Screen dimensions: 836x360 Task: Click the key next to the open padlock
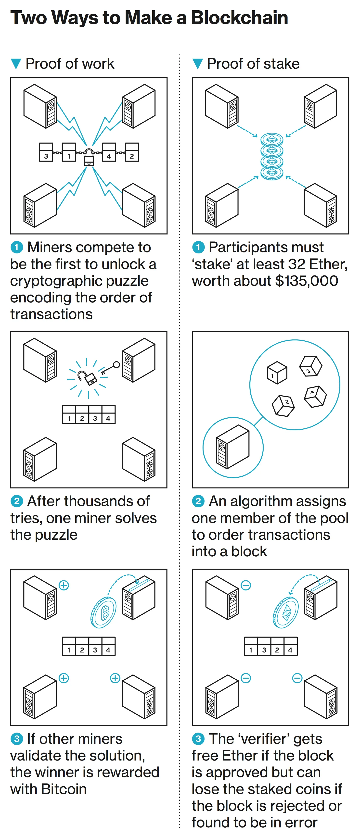point(109,368)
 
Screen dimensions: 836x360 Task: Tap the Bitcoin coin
point(103,612)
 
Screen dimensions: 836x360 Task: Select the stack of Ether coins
point(272,156)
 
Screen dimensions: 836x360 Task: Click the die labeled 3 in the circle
point(310,366)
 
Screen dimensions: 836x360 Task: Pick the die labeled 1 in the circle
point(277,373)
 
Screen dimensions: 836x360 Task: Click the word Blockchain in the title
point(240,18)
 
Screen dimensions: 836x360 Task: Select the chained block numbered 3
point(46,152)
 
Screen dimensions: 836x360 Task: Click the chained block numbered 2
point(132,152)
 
